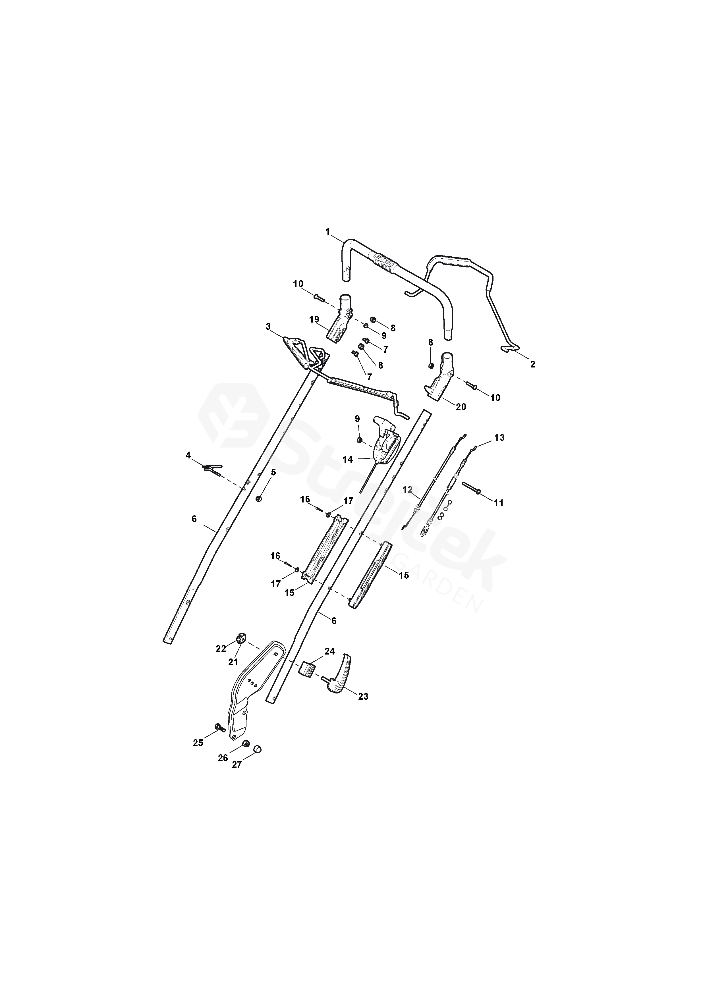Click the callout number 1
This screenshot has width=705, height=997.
(x=328, y=232)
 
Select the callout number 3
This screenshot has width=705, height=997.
(x=268, y=326)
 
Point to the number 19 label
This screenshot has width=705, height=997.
(x=314, y=320)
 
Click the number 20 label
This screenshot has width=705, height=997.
(x=461, y=407)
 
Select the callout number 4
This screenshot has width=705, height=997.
(x=188, y=455)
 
